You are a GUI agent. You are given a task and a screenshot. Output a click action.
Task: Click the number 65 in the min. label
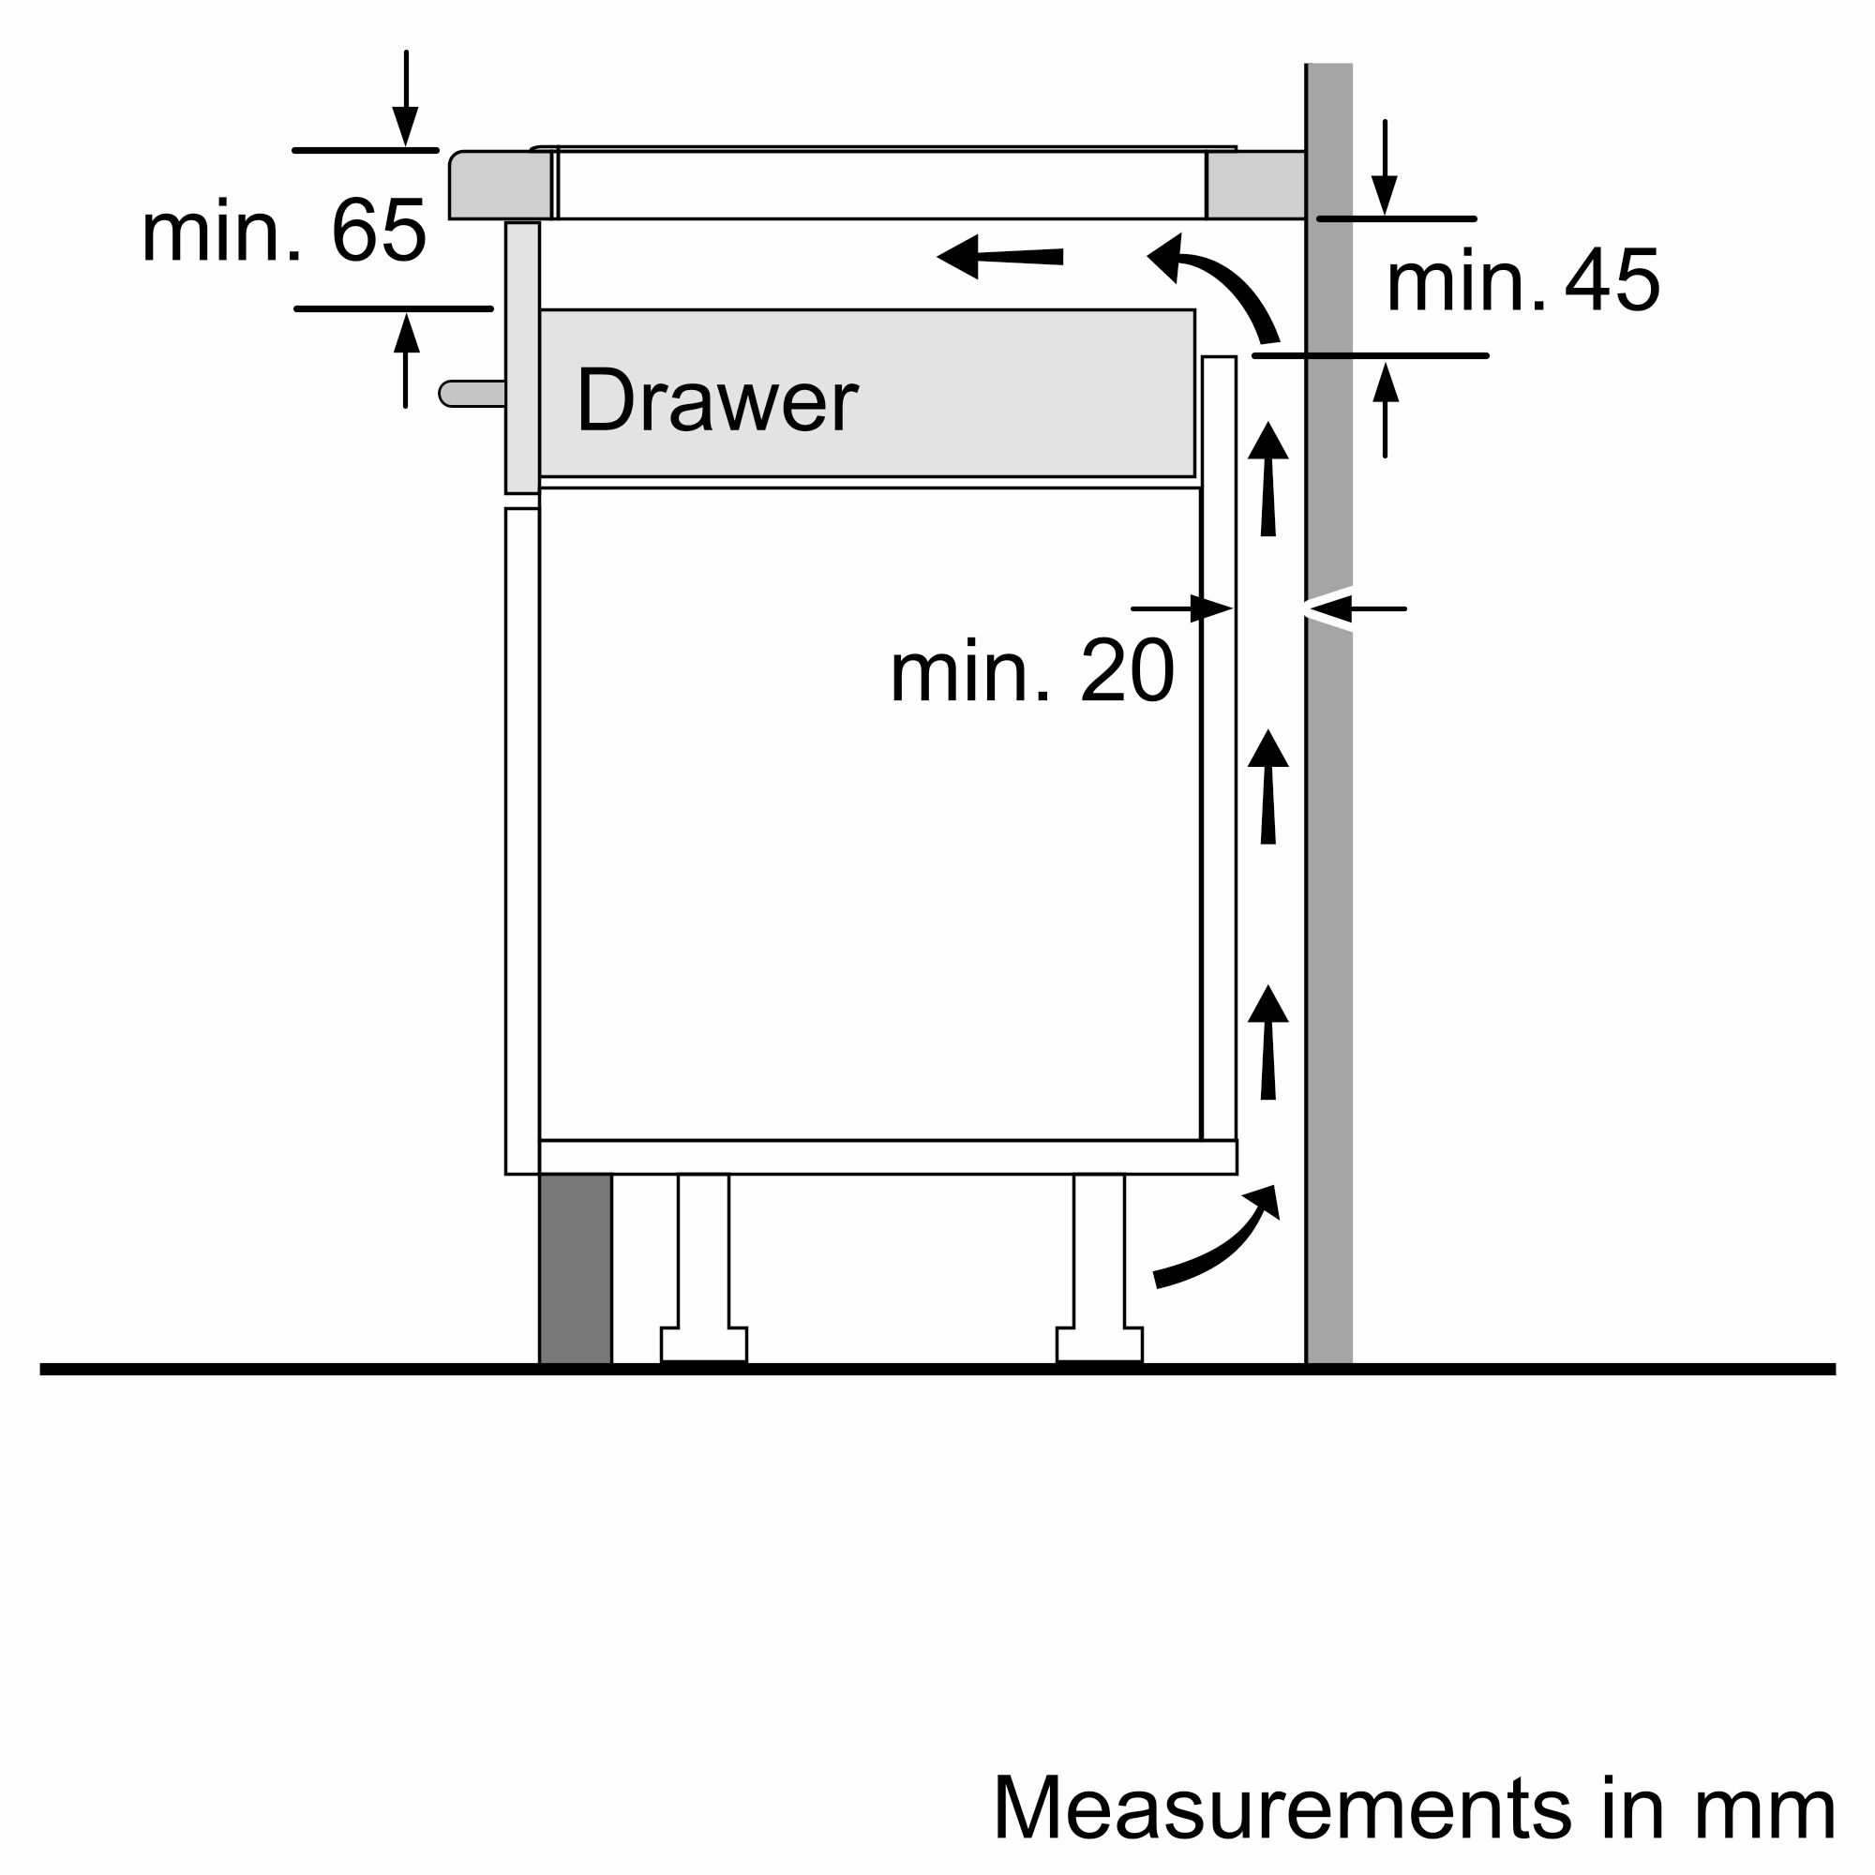(379, 230)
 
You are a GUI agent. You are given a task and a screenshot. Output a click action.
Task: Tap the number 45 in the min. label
(1611, 280)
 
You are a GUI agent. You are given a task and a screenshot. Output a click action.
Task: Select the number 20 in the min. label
(1126, 670)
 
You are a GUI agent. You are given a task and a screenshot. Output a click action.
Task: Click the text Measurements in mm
(1413, 1807)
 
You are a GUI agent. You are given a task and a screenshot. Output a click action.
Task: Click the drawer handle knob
(471, 393)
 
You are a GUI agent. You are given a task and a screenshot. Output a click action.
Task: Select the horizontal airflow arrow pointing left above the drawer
(999, 256)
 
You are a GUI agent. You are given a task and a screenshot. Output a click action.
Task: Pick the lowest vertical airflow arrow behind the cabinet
(1267, 1042)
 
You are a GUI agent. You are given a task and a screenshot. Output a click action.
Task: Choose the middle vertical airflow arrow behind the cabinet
(1267, 787)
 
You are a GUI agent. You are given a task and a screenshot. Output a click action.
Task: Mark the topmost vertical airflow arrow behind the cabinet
(1267, 478)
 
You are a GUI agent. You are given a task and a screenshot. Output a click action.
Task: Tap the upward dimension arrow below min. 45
(1385, 408)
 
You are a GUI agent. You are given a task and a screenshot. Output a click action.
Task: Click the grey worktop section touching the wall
(1255, 185)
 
